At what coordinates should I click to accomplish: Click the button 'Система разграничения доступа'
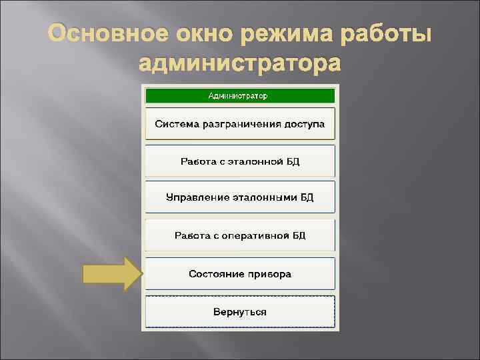(239, 124)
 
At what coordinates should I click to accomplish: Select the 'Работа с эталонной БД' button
(239, 161)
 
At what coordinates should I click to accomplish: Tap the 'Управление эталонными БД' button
(239, 198)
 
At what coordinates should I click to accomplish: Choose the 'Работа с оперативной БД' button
(239, 235)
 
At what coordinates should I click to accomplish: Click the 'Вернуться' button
(239, 311)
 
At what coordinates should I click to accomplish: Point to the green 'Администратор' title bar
(239, 95)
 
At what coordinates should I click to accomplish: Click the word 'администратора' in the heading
(239, 65)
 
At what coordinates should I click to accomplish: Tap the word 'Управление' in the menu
(197, 198)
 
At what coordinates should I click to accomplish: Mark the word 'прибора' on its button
(270, 274)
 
